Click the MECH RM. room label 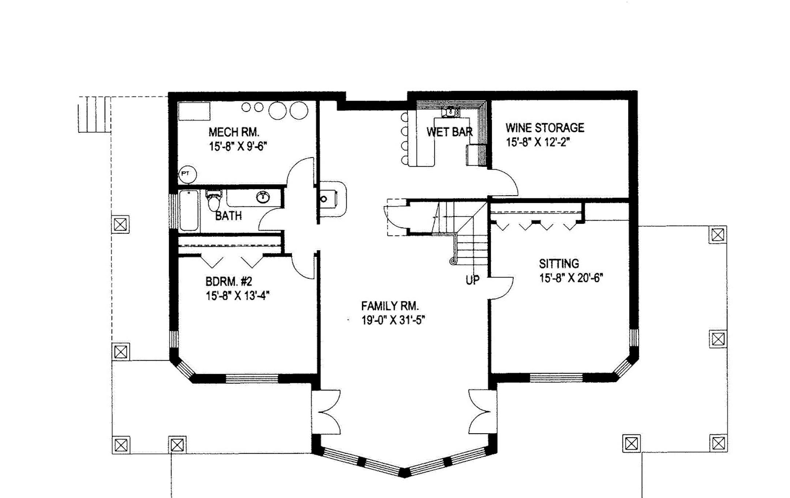234,132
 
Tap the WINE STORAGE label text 545,128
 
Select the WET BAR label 449,132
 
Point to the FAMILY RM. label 390,306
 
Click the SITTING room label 559,264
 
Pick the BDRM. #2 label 229,282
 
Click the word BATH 228,216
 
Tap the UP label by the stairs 473,280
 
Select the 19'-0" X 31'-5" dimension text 393,320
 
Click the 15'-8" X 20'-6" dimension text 571,278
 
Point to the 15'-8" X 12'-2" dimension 538,142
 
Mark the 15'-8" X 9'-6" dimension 238,146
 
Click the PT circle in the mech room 187,174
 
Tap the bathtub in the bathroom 189,211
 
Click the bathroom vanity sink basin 263,197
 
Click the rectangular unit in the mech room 194,111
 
